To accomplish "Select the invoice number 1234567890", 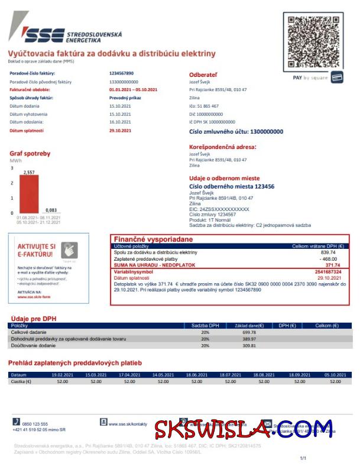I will coord(121,73).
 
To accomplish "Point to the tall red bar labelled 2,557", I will coord(29,194).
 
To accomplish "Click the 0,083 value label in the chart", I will coord(51,210).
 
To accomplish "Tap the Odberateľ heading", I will coord(203,74).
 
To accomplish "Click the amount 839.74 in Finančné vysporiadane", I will coord(328,252).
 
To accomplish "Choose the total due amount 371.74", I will coord(333,265).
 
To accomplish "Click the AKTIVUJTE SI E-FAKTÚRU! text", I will coord(37,249).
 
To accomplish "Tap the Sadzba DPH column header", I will coord(205,326).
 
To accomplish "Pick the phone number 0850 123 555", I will coord(35,424).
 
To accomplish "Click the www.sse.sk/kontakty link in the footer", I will coord(127,424).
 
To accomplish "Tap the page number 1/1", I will coord(303,458).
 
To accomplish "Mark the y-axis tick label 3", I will coord(11,168).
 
